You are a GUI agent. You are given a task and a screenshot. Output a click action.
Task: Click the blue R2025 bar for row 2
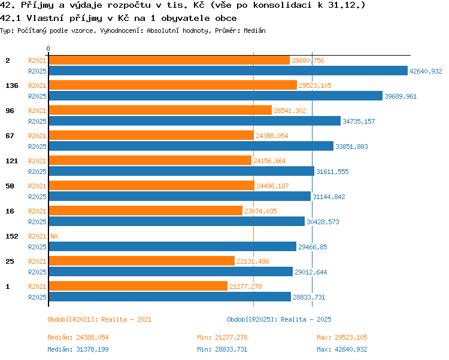click(228, 71)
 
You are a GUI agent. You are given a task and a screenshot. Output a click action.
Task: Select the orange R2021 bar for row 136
click(173, 85)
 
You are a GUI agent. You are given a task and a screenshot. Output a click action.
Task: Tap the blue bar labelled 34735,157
click(195, 121)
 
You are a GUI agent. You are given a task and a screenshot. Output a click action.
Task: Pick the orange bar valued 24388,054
click(151, 135)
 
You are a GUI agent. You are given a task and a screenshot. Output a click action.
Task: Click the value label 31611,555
click(332, 172)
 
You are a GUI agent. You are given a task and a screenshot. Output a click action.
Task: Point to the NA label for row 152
click(54, 236)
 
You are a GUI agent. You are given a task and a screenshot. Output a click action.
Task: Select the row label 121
click(12, 161)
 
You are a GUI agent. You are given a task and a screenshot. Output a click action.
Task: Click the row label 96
click(10, 111)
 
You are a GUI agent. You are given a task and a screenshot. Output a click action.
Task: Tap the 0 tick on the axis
click(48, 48)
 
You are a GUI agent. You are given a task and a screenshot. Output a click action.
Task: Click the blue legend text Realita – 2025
click(306, 319)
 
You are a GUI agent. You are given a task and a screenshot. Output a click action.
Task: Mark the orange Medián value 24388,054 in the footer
click(92, 337)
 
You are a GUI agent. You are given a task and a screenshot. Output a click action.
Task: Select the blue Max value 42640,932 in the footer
click(351, 349)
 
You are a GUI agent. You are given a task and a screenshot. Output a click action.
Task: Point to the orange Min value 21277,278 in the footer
click(231, 337)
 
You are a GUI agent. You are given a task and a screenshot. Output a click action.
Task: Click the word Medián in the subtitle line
click(254, 30)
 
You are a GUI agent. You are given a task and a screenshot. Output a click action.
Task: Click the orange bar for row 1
click(138, 286)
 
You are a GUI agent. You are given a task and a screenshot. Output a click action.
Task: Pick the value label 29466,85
click(313, 247)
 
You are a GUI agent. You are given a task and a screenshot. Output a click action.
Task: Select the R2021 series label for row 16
click(37, 211)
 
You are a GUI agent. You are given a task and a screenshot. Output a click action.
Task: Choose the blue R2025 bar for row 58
click(180, 196)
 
